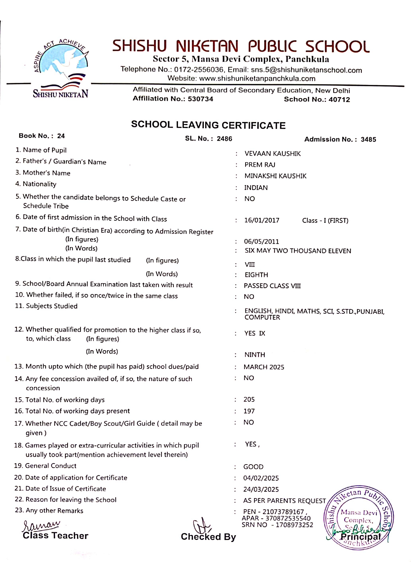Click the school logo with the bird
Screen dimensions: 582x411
[x=61, y=68]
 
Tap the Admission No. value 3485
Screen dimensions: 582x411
[x=368, y=140]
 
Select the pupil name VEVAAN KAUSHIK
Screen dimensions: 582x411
[x=272, y=154]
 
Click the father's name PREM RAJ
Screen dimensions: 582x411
[x=260, y=165]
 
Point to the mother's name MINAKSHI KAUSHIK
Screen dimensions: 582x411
[x=275, y=176]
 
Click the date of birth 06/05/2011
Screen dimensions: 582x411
[x=262, y=242]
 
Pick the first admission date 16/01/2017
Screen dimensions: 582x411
[x=262, y=221]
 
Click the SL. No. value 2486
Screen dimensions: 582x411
[x=224, y=139]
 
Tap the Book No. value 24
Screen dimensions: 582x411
[x=61, y=136]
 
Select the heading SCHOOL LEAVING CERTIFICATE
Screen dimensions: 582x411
[x=208, y=125]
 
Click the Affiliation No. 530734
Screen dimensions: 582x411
[x=200, y=99]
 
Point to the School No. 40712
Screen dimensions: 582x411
[x=339, y=99]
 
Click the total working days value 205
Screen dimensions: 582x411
[x=249, y=400]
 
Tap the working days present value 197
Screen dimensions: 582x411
[x=249, y=411]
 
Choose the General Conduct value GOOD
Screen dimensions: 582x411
[x=253, y=467]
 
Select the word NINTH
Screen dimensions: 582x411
[x=255, y=355]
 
